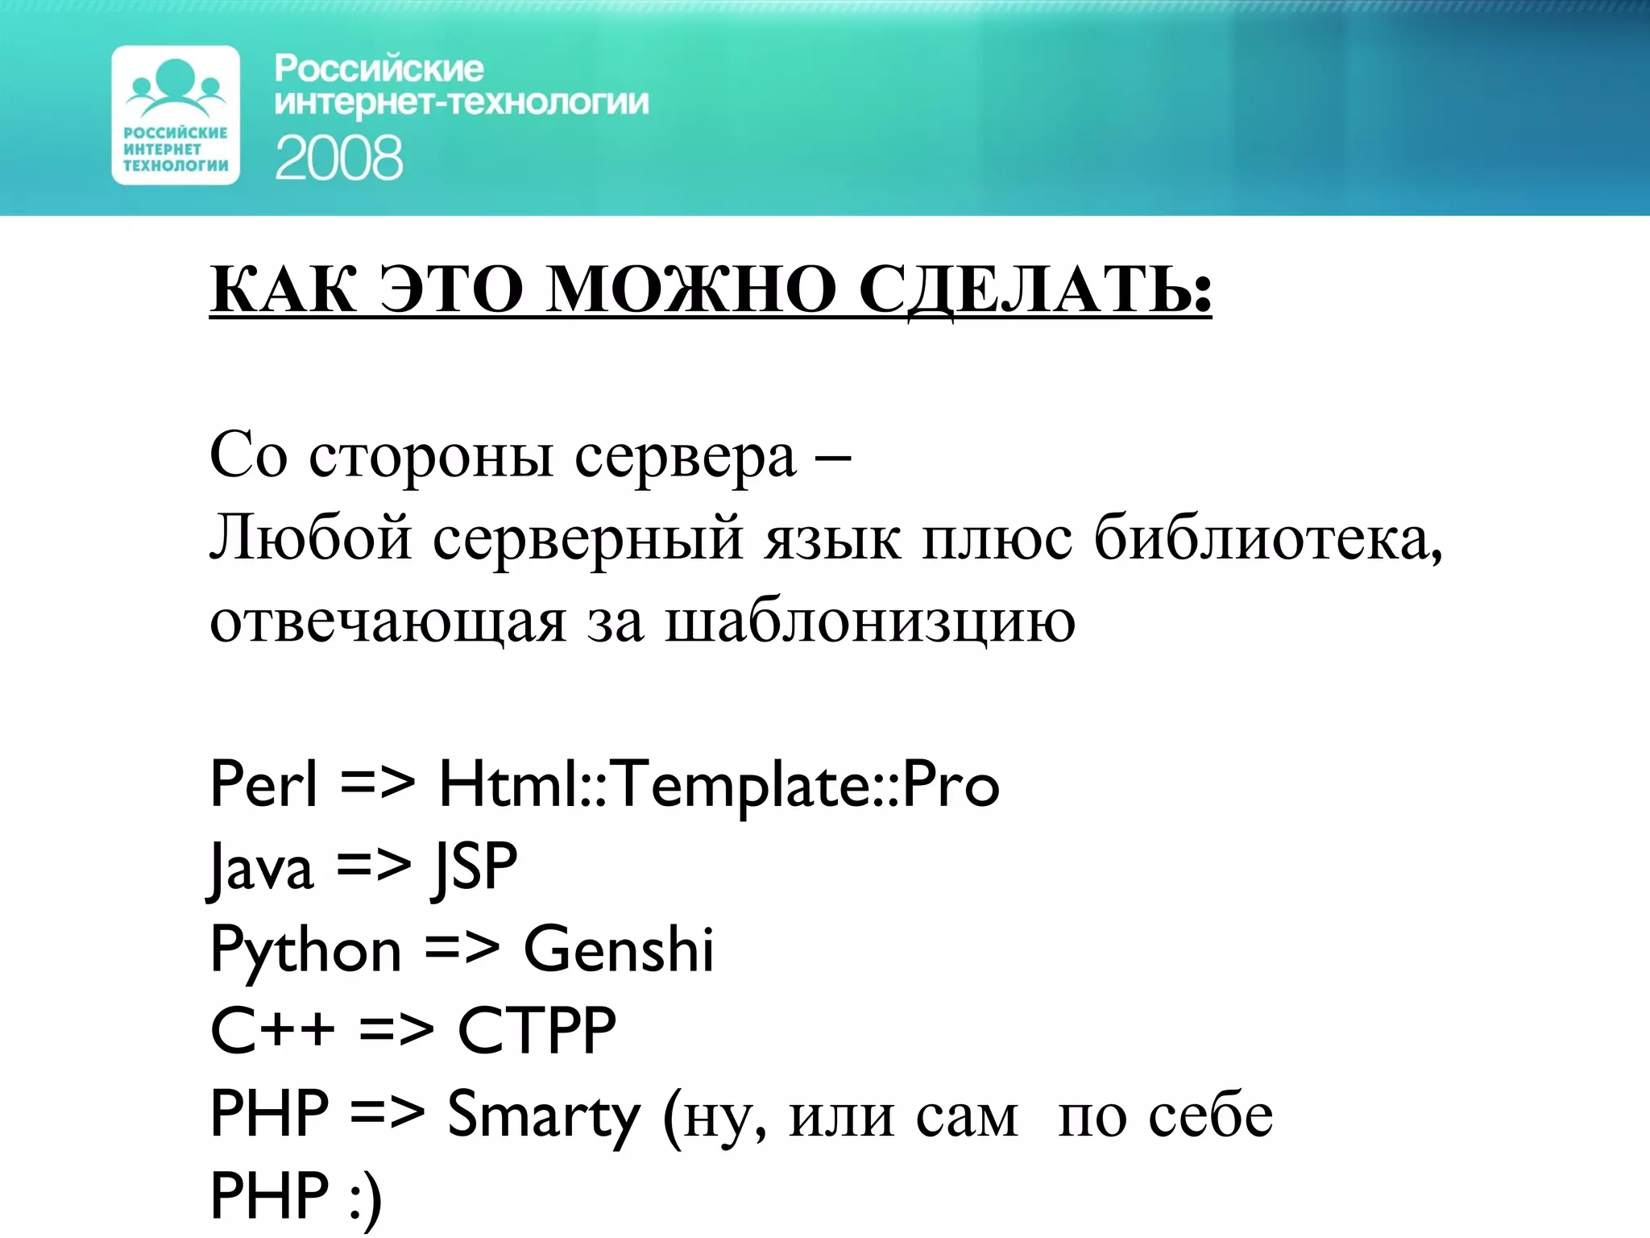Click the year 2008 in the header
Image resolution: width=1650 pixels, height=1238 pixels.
338,157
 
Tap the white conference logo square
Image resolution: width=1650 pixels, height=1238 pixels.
176,115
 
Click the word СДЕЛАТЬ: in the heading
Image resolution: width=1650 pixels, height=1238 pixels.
1034,290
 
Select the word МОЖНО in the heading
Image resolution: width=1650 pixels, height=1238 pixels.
691,290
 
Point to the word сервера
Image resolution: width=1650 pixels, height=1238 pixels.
685,457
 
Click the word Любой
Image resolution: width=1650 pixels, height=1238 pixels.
311,538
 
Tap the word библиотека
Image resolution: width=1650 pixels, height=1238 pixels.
1267,538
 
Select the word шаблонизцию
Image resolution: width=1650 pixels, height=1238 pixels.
870,622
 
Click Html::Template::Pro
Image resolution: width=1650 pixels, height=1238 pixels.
719,785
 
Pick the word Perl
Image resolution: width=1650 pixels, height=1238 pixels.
263,783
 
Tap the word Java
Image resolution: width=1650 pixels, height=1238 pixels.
261,868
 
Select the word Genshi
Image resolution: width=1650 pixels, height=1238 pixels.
619,949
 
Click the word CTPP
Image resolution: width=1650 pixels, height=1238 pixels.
537,1031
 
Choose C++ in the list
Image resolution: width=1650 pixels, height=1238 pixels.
272,1031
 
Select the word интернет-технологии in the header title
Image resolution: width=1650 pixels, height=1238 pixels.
462,103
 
